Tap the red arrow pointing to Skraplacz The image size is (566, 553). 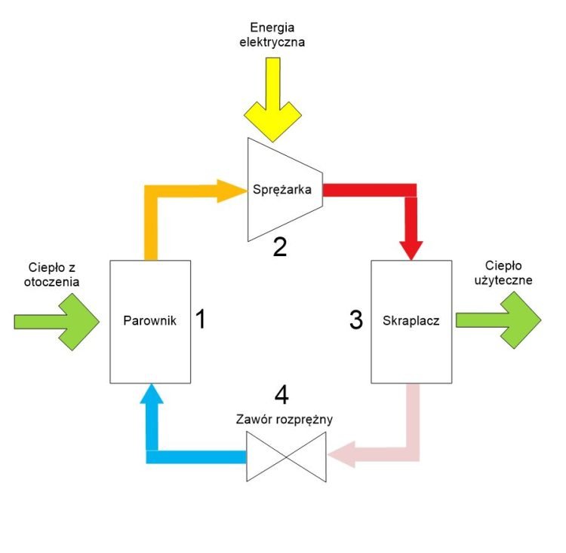(411, 218)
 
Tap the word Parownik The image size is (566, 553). (149, 320)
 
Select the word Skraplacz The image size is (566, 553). (411, 320)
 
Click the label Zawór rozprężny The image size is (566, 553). (285, 419)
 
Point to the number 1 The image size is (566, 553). (200, 319)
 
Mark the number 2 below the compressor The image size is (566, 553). (280, 247)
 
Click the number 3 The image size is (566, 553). (357, 319)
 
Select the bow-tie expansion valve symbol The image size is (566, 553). (285, 457)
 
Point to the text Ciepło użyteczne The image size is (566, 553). (509, 273)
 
